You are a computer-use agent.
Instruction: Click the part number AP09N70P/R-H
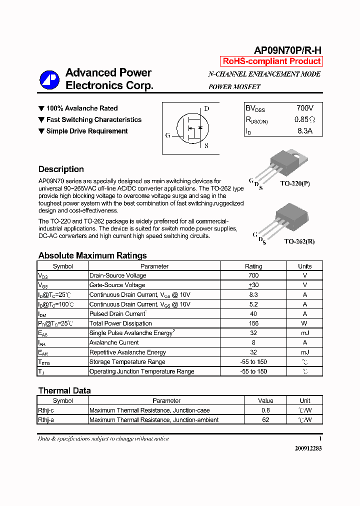coord(287,50)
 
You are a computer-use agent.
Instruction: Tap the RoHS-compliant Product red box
coord(271,61)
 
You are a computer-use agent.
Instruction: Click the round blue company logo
coord(49,79)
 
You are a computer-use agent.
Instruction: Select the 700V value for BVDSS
coord(304,108)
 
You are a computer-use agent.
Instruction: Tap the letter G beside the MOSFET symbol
coord(168,135)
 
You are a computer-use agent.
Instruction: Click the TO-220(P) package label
coord(294,183)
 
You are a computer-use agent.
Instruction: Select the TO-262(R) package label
coord(299,241)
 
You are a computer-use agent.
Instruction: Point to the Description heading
coord(61,169)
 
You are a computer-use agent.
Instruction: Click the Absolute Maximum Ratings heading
coord(92,255)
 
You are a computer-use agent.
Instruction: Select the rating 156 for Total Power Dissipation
coord(253,323)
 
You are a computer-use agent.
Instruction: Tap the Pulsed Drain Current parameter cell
coord(117,314)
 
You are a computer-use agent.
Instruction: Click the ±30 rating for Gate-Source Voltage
coord(253,285)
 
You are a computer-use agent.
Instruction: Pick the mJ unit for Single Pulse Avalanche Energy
coord(304,333)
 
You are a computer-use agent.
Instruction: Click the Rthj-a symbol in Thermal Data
coord(46,420)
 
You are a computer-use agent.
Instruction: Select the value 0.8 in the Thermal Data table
coord(265,410)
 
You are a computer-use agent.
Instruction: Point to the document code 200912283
coord(308,448)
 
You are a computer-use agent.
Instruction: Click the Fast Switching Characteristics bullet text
coord(93,119)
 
